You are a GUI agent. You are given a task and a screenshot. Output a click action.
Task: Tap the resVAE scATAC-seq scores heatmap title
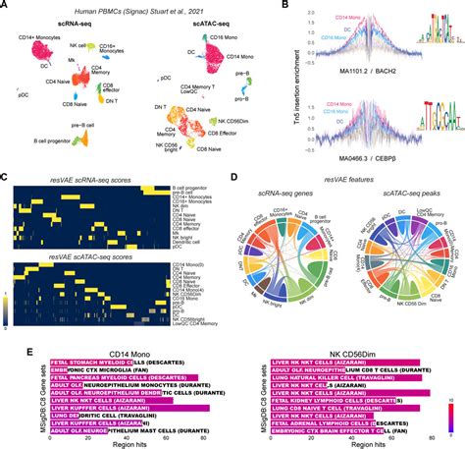point(109,255)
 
